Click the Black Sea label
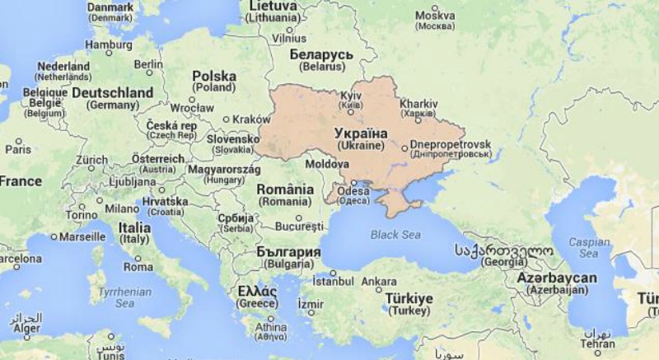pyautogui.click(x=395, y=235)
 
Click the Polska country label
pyautogui.click(x=214, y=77)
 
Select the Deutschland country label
pyautogui.click(x=112, y=93)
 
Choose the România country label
pyautogui.click(x=285, y=189)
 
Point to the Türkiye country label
pyautogui.click(x=409, y=299)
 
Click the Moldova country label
pyautogui.click(x=327, y=165)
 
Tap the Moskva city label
pyautogui.click(x=435, y=15)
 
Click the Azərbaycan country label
pyautogui.click(x=557, y=278)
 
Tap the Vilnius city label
pyautogui.click(x=289, y=38)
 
